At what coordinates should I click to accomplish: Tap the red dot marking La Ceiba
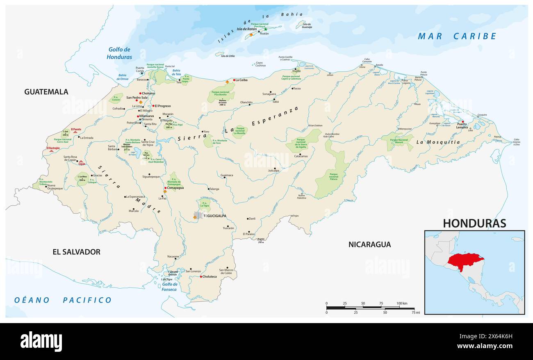click(x=234, y=80)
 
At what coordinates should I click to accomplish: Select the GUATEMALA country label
click(x=46, y=92)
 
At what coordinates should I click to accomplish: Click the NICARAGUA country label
click(x=369, y=245)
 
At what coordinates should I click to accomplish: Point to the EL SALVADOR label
click(x=76, y=252)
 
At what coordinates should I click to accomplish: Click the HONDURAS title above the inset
click(x=474, y=223)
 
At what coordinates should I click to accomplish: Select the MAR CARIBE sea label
click(x=457, y=36)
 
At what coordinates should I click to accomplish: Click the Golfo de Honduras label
click(x=119, y=53)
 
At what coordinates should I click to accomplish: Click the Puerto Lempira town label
click(x=462, y=125)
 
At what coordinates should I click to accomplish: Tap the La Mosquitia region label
click(x=438, y=142)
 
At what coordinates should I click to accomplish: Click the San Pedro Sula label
click(x=137, y=98)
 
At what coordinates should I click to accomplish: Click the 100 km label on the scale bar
click(x=402, y=303)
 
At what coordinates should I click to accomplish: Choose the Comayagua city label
click(x=174, y=188)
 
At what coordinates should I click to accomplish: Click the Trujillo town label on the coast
click(x=296, y=71)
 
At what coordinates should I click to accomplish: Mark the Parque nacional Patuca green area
click(x=333, y=176)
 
